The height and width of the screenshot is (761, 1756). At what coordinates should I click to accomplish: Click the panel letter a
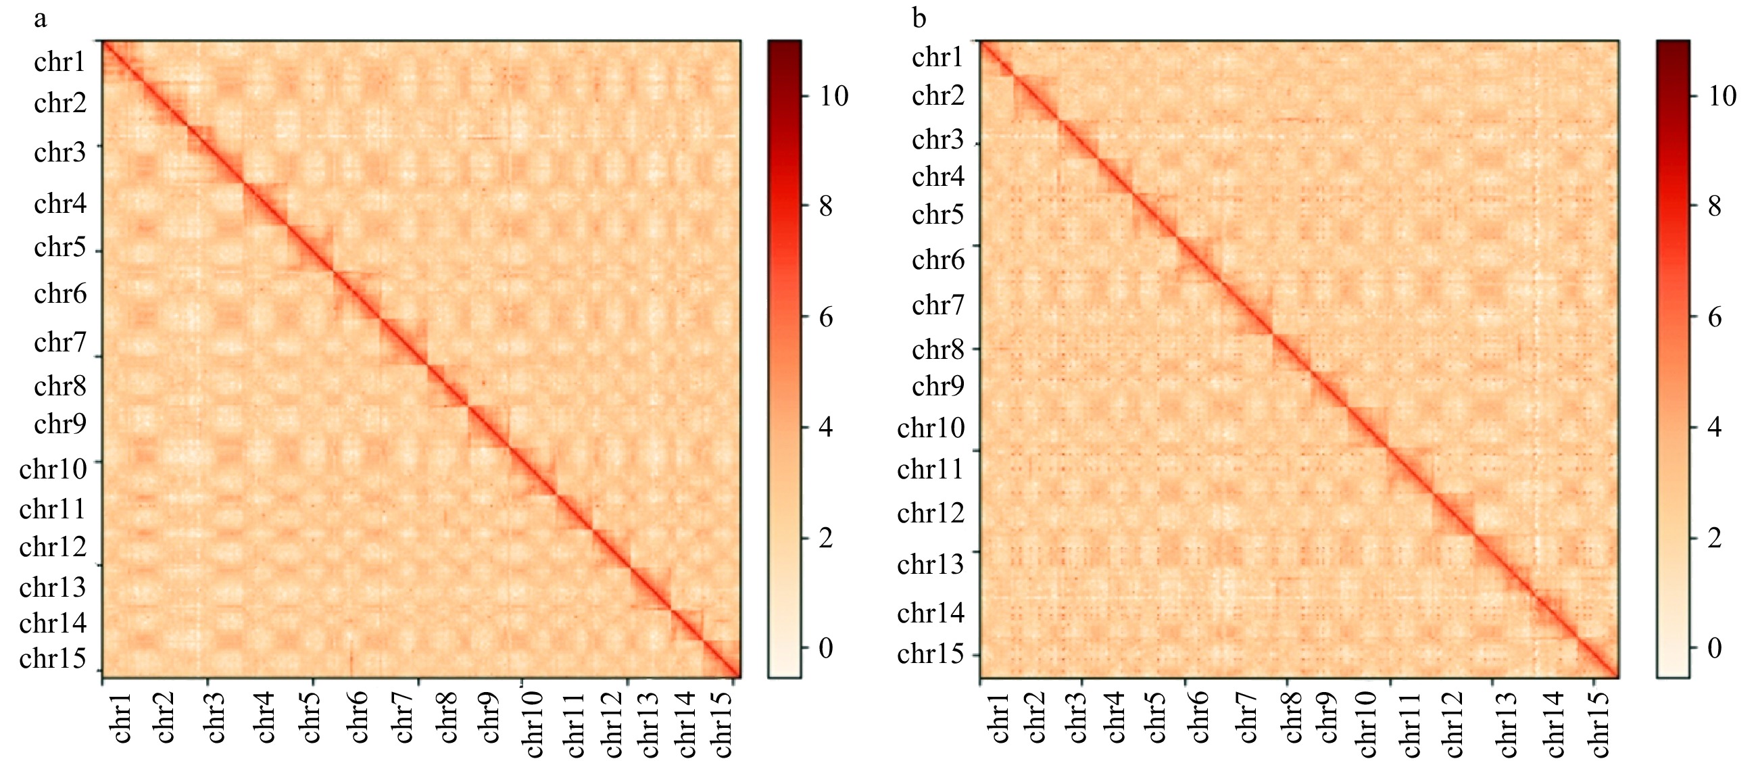click(41, 18)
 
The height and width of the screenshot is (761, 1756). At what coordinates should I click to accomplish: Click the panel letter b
click(919, 18)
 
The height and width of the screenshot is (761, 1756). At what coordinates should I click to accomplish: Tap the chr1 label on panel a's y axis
click(59, 62)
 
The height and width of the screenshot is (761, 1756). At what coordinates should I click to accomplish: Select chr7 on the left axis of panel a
click(59, 342)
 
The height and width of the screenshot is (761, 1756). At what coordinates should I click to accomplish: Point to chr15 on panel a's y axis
click(53, 659)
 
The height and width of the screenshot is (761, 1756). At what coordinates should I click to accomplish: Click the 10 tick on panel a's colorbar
click(833, 96)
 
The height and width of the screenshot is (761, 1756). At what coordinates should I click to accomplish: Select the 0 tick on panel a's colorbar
click(825, 649)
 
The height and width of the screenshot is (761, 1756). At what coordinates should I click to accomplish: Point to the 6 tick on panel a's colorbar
click(825, 317)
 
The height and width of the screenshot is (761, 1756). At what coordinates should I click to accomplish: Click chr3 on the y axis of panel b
click(937, 140)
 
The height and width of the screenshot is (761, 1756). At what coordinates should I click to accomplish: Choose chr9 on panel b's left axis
click(937, 387)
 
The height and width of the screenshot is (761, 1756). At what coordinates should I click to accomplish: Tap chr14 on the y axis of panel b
click(931, 614)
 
